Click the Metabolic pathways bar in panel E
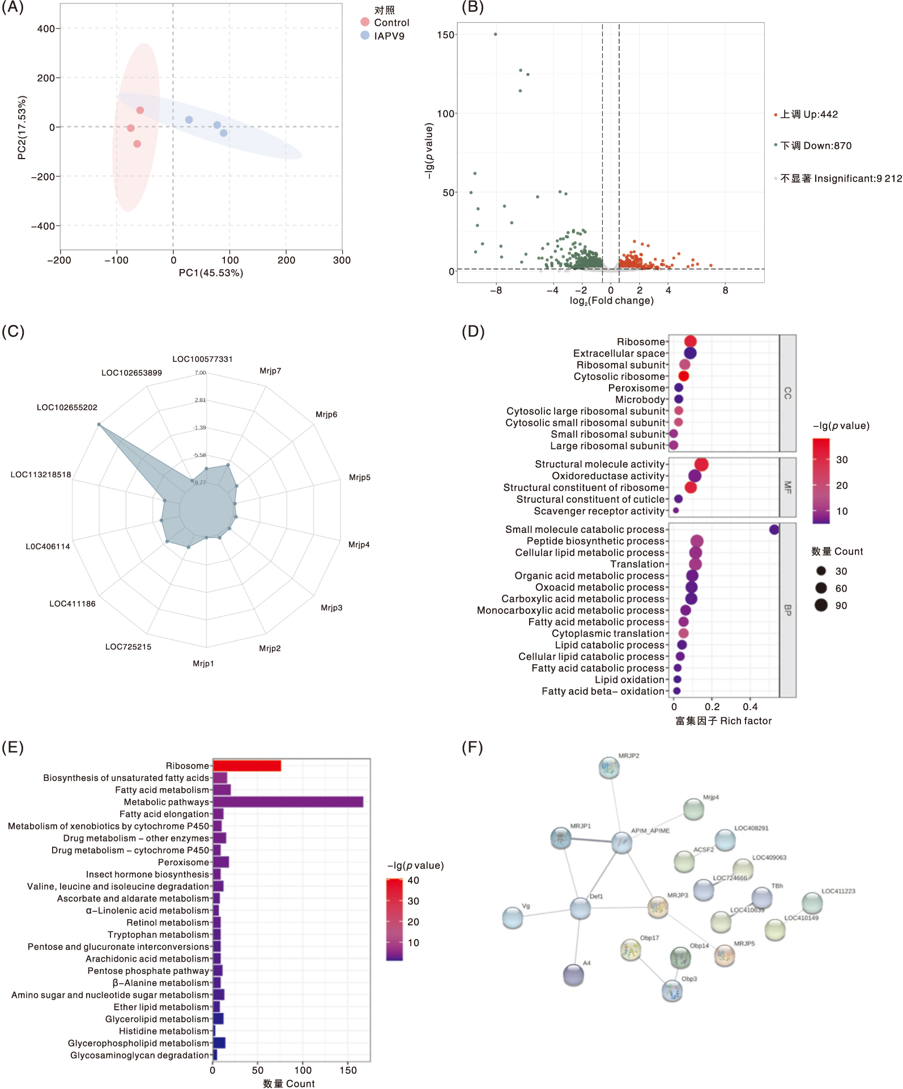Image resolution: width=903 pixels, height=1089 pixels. (288, 802)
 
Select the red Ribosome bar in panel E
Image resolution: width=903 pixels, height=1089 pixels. (247, 766)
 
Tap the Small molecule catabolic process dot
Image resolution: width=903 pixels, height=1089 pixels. (774, 529)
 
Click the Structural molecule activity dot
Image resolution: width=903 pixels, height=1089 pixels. (701, 464)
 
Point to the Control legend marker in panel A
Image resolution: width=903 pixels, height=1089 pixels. (365, 22)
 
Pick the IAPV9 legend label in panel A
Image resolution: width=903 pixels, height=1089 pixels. (389, 36)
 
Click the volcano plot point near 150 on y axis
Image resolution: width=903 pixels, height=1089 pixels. (496, 35)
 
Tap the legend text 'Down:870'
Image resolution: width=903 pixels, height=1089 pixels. (816, 146)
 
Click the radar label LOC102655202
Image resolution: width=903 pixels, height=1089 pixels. (67, 407)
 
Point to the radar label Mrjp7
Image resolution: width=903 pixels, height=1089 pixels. (270, 371)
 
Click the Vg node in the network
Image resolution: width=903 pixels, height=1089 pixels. (513, 918)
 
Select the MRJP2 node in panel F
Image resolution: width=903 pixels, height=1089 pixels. (609, 768)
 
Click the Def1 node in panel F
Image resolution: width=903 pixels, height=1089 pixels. (580, 908)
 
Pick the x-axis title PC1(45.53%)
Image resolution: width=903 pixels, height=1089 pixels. (211, 273)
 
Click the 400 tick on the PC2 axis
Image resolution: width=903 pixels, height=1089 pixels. (46, 29)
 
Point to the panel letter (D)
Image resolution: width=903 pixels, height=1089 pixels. (473, 331)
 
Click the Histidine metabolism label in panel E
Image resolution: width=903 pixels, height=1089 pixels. (164, 1031)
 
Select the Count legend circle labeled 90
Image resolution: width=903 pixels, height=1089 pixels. (821, 605)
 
